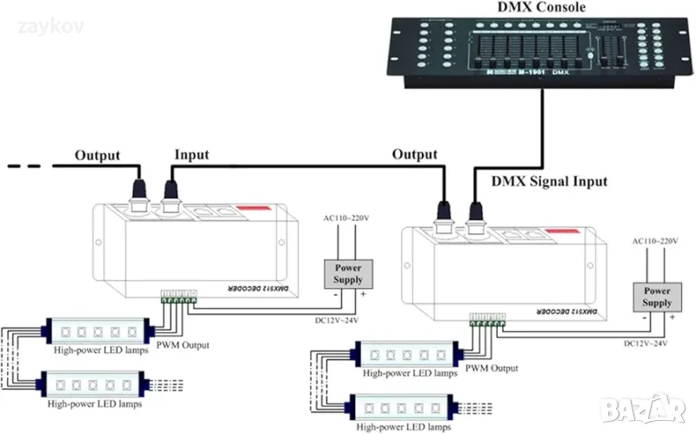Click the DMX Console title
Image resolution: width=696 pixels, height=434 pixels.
click(x=540, y=8)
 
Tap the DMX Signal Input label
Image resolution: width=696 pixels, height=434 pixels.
click(x=550, y=181)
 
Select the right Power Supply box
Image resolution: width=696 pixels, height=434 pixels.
click(x=657, y=297)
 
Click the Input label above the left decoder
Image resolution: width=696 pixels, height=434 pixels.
click(x=191, y=155)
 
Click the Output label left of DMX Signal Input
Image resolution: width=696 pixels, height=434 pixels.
click(x=414, y=154)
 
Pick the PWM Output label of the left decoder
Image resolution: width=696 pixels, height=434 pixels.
click(x=184, y=345)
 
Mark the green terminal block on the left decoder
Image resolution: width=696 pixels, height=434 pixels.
click(x=177, y=296)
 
